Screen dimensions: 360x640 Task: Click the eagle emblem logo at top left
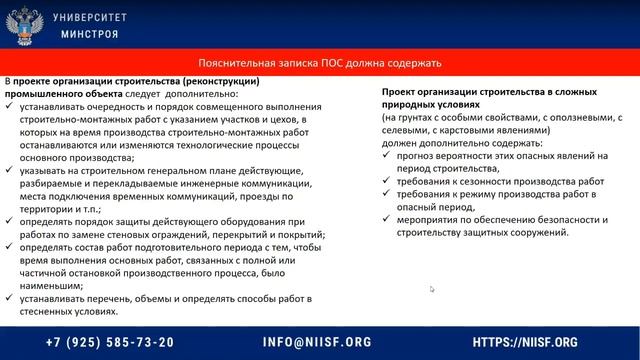tap(19, 24)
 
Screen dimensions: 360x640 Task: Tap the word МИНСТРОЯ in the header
tap(89, 33)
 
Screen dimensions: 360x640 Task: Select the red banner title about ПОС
tap(319, 63)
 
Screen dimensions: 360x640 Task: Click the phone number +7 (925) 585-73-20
tap(117, 342)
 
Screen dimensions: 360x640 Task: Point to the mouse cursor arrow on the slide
tap(432, 290)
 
